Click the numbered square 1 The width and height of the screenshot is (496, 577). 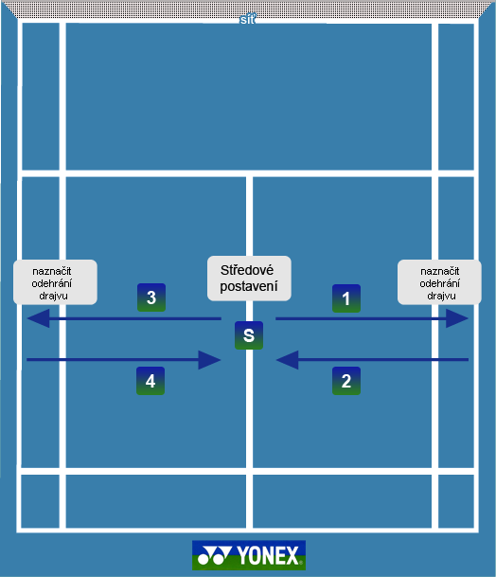pyautogui.click(x=346, y=298)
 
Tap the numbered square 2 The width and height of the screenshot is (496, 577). pyautogui.click(x=346, y=381)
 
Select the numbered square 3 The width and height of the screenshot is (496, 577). pyautogui.click(x=151, y=298)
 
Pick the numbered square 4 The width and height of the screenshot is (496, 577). pyautogui.click(x=151, y=381)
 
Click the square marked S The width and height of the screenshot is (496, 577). pyautogui.click(x=249, y=335)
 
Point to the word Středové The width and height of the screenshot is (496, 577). pyautogui.click(x=247, y=270)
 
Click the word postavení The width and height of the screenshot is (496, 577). pyautogui.click(x=249, y=286)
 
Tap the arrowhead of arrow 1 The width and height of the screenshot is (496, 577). pyautogui.click(x=457, y=318)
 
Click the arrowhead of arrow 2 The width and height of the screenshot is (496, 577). pyautogui.click(x=287, y=359)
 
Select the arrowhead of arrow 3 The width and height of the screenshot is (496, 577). pyautogui.click(x=38, y=318)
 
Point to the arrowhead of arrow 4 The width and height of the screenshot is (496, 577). pyautogui.click(x=209, y=360)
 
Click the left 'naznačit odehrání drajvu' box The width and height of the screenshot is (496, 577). pyautogui.click(x=55, y=282)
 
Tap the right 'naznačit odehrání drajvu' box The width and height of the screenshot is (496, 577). pyautogui.click(x=439, y=282)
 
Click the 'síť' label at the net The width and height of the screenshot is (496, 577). pyautogui.click(x=247, y=20)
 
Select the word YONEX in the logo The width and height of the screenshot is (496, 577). pyautogui.click(x=268, y=555)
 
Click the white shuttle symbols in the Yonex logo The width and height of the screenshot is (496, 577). pyautogui.click(x=214, y=555)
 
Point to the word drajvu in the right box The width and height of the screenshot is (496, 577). pyautogui.click(x=441, y=296)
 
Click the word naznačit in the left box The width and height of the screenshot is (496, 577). pyautogui.click(x=52, y=272)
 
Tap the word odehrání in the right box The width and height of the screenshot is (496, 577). pyautogui.click(x=439, y=283)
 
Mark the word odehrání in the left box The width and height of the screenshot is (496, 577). pyautogui.click(x=51, y=283)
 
